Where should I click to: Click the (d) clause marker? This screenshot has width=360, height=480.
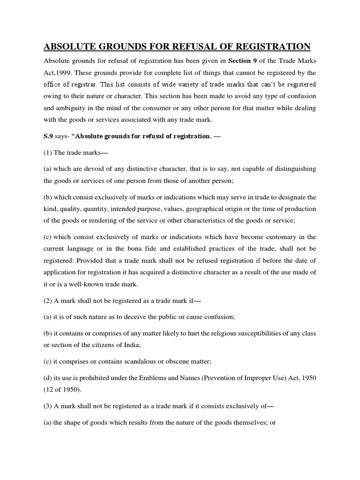click(48, 376)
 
